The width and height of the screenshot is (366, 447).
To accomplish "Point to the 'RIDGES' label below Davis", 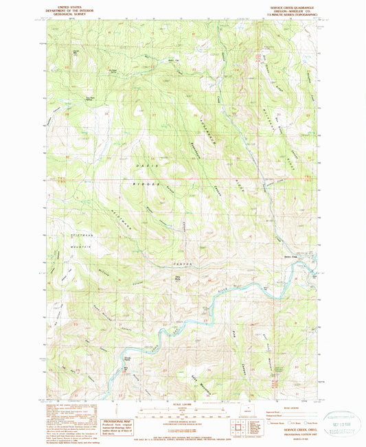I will [x=148, y=185].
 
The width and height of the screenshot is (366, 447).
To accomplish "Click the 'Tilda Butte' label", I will [x=178, y=277].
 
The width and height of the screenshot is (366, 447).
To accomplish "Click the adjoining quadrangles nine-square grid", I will [x=237, y=429].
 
